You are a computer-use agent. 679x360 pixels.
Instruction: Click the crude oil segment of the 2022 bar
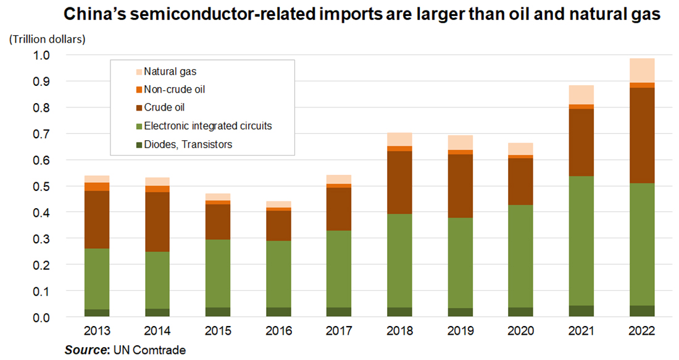click(642, 135)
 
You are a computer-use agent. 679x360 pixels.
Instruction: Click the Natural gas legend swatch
click(138, 72)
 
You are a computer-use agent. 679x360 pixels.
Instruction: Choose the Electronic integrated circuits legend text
click(208, 126)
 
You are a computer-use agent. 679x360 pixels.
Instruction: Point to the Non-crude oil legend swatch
click(138, 90)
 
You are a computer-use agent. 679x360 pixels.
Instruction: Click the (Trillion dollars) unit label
click(47, 40)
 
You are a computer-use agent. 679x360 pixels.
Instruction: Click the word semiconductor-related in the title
click(220, 14)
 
